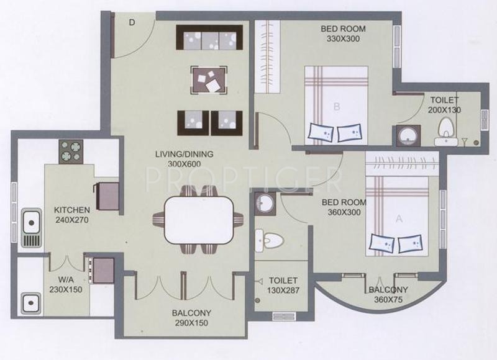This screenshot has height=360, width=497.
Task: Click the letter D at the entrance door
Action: tap(132, 22)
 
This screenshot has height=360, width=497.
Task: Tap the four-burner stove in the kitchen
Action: tap(71, 151)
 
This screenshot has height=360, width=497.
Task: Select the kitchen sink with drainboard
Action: tap(31, 228)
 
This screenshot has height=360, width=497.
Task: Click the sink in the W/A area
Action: tap(30, 303)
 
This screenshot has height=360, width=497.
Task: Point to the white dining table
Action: tap(199, 220)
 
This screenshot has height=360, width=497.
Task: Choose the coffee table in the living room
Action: tap(209, 80)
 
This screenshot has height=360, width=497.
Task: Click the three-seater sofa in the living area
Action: tap(209, 37)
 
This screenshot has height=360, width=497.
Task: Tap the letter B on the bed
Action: tap(337, 107)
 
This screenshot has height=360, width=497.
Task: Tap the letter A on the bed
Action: tap(399, 218)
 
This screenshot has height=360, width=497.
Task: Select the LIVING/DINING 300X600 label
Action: tap(184, 159)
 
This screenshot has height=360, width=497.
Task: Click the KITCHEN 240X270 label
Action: tap(72, 215)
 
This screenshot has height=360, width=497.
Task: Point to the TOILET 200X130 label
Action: tap(444, 105)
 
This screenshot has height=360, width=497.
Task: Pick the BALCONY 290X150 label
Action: tap(191, 318)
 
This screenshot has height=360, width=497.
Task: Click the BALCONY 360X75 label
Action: tap(388, 294)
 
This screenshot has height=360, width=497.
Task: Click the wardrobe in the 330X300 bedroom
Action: tap(268, 56)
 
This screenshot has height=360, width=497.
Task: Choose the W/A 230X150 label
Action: tap(66, 285)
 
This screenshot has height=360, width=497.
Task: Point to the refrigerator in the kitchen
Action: tap(107, 196)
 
